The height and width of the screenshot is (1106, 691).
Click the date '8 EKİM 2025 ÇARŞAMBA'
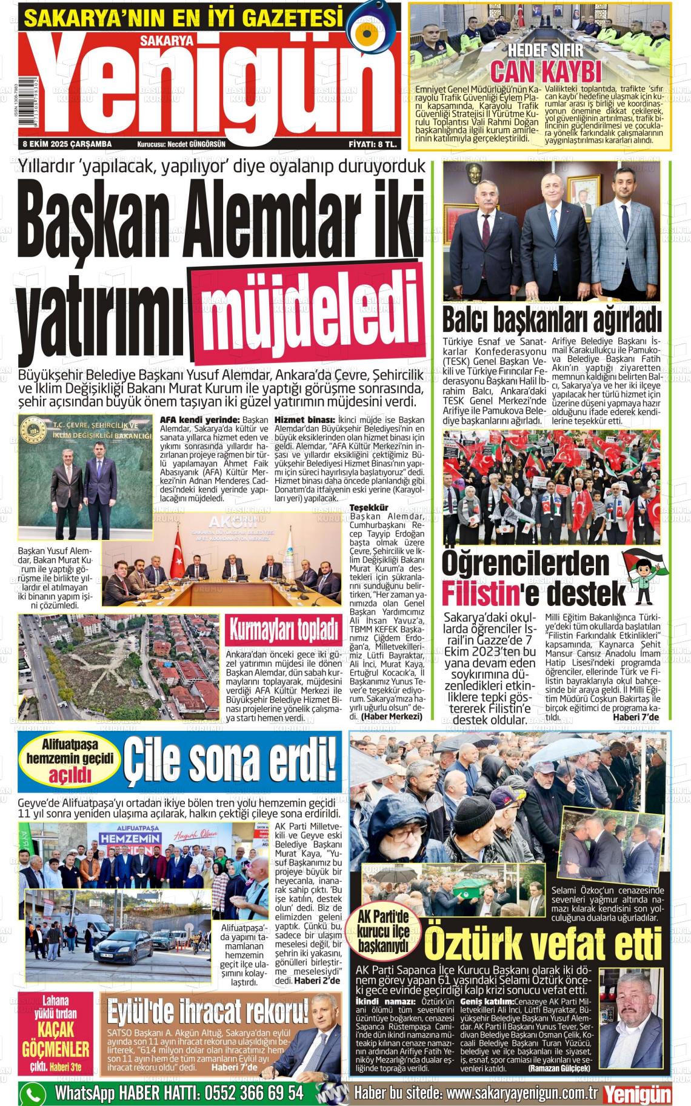point(67,144)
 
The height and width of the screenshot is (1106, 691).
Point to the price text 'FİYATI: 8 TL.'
point(373,144)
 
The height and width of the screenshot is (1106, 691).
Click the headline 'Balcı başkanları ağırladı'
point(552,319)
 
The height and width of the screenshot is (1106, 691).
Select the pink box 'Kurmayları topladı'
point(283,631)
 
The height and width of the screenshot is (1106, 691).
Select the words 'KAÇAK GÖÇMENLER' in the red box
point(56,1038)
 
